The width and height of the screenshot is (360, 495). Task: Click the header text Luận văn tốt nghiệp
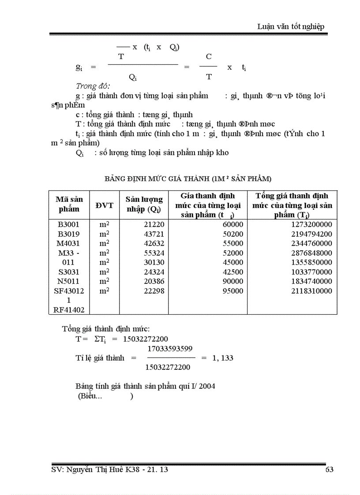pyautogui.click(x=290, y=26)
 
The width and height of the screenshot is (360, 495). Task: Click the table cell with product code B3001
pyautogui.click(x=68, y=224)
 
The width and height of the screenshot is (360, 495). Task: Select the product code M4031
pyautogui.click(x=68, y=243)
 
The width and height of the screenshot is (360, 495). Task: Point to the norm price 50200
pyautogui.click(x=233, y=234)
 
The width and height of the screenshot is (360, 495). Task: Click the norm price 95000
pyautogui.click(x=233, y=291)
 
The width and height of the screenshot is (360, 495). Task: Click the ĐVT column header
pyautogui.click(x=105, y=205)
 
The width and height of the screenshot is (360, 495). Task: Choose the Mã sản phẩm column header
pyautogui.click(x=69, y=204)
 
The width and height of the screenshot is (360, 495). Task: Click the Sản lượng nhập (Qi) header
pyautogui.click(x=144, y=205)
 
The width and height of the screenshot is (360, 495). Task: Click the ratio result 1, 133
pyautogui.click(x=222, y=358)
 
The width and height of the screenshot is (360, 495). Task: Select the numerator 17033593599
pyautogui.click(x=169, y=349)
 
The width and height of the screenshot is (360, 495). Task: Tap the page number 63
pyautogui.click(x=329, y=470)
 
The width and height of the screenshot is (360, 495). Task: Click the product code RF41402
pyautogui.click(x=68, y=310)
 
